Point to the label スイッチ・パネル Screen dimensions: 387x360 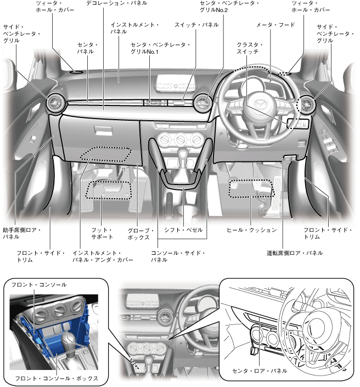[196, 25]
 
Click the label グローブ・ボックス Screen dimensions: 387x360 [140, 233]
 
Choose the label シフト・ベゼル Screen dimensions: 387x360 [183, 229]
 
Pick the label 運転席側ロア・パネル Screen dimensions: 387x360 [294, 253]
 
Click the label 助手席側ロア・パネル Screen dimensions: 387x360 [21, 233]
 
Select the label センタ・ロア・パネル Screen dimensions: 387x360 [259, 372]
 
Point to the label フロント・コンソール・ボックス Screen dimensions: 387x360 [56, 378]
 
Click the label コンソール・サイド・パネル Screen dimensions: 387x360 [178, 256]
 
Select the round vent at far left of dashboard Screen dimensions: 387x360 [55, 102]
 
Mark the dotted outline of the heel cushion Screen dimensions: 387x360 [250, 188]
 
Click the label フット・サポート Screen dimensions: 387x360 [102, 233]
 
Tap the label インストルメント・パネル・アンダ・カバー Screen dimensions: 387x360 [103, 256]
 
